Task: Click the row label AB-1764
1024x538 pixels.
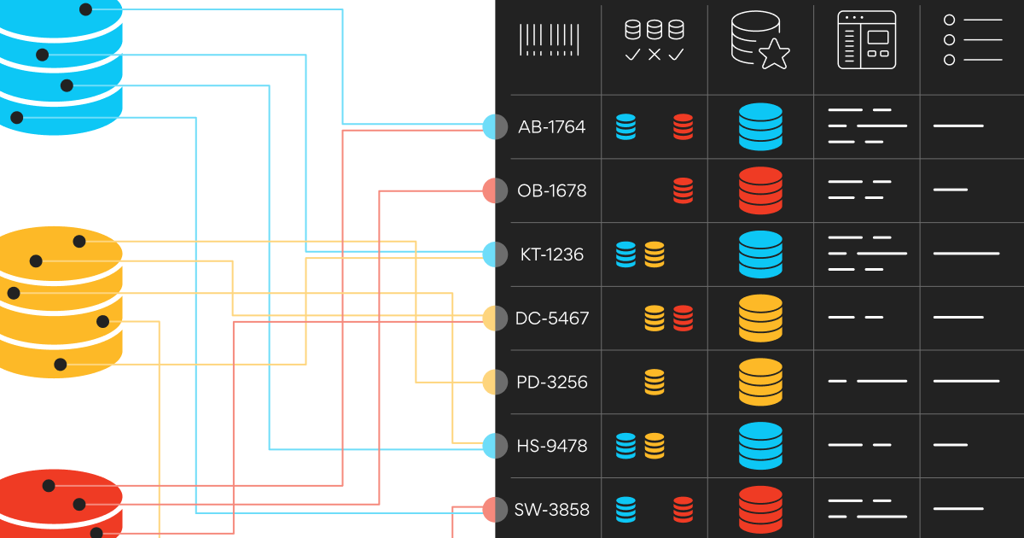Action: coord(551,127)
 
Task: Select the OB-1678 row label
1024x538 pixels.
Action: coord(551,190)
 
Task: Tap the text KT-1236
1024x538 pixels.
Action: coord(551,254)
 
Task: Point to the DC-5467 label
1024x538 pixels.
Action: coord(551,319)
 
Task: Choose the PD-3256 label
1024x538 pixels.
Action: coord(551,382)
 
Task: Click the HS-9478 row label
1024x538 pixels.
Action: coord(551,446)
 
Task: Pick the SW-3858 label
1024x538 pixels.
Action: coord(551,510)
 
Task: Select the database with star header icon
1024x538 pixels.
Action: coord(759,40)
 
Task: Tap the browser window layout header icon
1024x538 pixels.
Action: coord(866,40)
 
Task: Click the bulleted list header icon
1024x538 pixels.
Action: coord(972,39)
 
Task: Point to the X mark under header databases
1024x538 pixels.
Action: coord(655,55)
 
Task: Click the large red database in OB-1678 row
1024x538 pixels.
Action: coord(760,190)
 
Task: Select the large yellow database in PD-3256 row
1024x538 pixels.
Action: coord(760,382)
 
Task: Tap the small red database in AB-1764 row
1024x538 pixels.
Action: coord(683,127)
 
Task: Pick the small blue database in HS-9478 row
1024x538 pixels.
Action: coord(625,446)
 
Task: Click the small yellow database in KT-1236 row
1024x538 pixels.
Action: coord(655,254)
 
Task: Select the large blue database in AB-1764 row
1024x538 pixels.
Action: coord(760,127)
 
